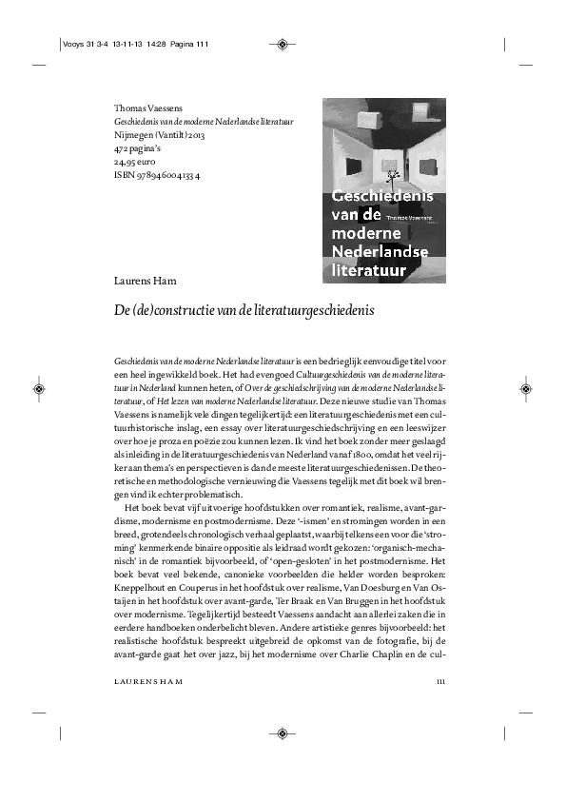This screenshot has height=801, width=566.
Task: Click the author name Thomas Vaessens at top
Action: click(x=146, y=108)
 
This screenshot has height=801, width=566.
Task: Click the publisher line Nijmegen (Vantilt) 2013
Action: click(x=159, y=135)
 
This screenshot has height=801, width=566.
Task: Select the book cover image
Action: click(x=383, y=189)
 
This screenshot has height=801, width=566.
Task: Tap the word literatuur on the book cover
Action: click(x=370, y=270)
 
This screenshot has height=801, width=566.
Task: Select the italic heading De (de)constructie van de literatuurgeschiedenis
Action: click(x=244, y=312)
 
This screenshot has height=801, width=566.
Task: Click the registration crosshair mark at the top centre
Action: click(x=283, y=43)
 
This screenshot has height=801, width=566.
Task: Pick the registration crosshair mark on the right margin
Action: click(x=526, y=389)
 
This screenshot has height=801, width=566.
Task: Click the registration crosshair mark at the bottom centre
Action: click(x=283, y=733)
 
